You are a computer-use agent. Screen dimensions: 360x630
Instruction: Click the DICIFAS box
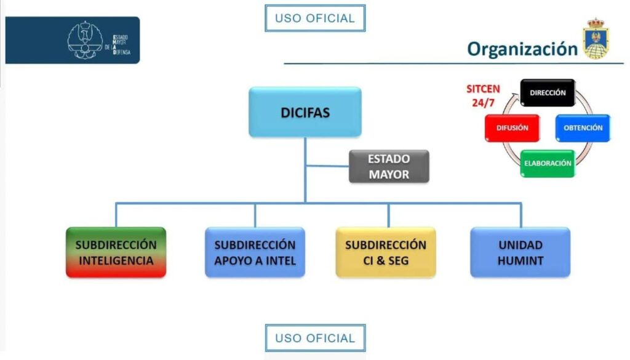[305, 112]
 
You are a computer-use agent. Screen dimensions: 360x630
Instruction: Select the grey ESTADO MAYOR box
[389, 166]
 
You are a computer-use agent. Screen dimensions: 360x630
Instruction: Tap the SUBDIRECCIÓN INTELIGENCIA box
[116, 252]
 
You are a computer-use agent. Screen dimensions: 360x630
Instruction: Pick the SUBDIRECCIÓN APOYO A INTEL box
[255, 252]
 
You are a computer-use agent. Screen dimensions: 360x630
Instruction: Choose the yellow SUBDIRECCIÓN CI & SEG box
[386, 252]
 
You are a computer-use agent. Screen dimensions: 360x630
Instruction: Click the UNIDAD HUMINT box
[520, 252]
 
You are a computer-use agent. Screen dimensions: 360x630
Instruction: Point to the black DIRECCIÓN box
[548, 93]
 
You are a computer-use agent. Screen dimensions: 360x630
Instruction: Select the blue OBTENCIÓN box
[583, 128]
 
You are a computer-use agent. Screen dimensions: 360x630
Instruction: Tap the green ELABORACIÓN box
[548, 164]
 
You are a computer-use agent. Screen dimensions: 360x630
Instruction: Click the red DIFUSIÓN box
[512, 128]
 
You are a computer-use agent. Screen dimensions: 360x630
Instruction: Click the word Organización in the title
[522, 49]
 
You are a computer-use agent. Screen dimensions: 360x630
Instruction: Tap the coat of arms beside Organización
[595, 39]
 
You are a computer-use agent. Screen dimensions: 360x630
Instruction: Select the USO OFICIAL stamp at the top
[315, 18]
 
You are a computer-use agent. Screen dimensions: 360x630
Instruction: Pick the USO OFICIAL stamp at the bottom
[315, 338]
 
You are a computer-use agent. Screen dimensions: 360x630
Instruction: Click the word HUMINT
[520, 260]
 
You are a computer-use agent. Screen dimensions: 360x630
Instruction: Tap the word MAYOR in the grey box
[389, 174]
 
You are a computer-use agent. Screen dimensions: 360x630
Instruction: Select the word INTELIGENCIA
[116, 260]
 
